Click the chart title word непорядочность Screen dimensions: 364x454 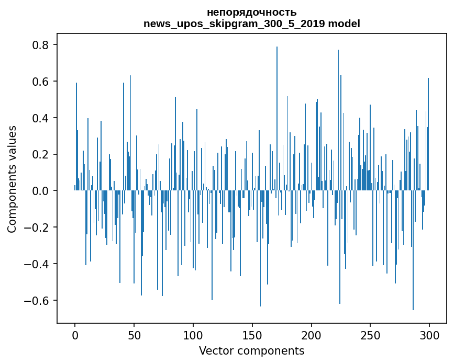251,12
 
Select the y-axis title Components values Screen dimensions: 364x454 12,179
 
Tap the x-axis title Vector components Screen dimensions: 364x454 251,350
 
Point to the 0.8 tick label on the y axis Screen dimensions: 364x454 40,45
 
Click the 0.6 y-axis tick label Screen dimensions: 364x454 40,82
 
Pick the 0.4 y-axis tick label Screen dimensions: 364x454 40,118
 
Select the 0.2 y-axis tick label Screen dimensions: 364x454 40,154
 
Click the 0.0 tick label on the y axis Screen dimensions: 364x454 40,191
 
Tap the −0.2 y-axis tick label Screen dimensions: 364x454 37,227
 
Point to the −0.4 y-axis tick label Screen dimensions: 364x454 37,264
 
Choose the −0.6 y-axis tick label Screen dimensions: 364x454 37,301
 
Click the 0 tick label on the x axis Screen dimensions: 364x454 75,335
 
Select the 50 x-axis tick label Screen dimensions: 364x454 134,335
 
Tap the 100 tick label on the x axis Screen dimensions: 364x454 193,335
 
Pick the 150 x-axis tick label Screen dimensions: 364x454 252,335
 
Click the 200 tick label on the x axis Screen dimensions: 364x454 312,335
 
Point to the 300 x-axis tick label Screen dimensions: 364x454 429,335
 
